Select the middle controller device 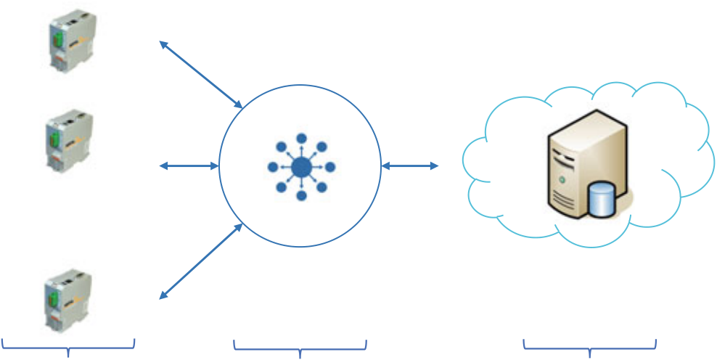[x=70, y=140]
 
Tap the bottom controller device [x=70, y=300]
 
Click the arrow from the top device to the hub [x=201, y=75]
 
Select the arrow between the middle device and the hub [x=189, y=166]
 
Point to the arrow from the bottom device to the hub [x=201, y=261]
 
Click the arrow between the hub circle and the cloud [x=409, y=166]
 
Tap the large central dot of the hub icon [x=301, y=168]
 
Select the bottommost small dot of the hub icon [x=301, y=196]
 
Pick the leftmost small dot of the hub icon [x=273, y=168]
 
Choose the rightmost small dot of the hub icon [x=330, y=168]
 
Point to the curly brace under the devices [x=68, y=347]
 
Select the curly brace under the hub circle [x=300, y=347]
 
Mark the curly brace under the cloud [x=590, y=347]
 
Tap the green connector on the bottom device [x=55, y=295]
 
